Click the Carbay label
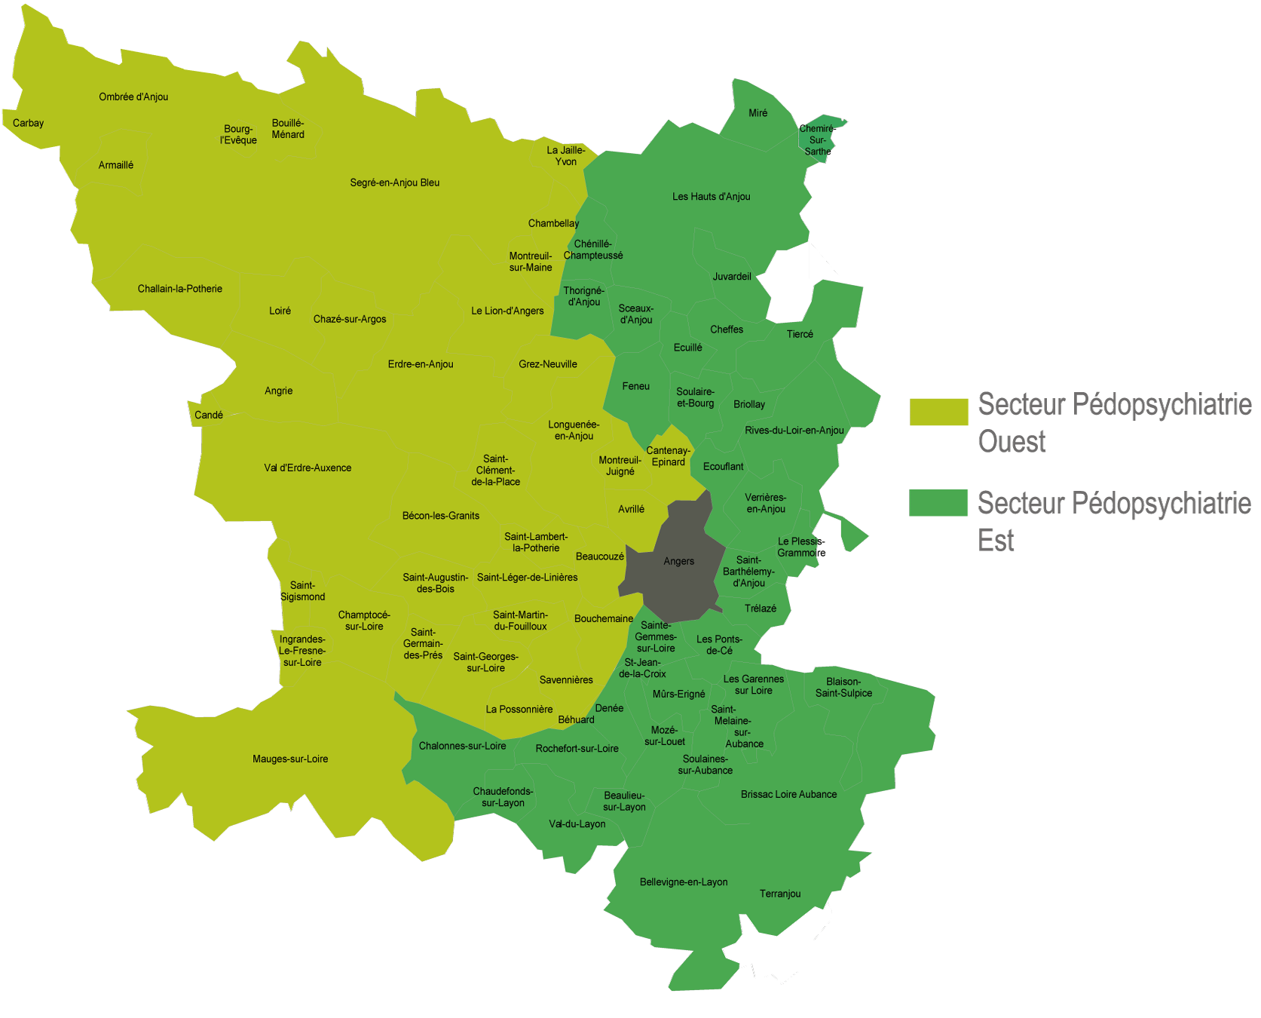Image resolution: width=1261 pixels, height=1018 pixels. click(x=29, y=123)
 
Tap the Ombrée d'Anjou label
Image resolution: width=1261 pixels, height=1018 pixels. click(x=133, y=97)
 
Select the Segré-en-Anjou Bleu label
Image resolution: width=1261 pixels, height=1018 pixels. click(x=394, y=182)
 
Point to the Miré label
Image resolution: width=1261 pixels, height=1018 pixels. click(x=758, y=113)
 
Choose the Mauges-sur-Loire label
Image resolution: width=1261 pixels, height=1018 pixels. click(x=290, y=759)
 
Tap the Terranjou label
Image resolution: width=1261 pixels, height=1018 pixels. click(x=780, y=894)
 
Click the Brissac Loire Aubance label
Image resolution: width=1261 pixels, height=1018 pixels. click(x=788, y=794)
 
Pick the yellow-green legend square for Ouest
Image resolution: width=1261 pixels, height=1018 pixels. click(x=938, y=412)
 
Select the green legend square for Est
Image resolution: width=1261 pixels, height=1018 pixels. click(x=938, y=502)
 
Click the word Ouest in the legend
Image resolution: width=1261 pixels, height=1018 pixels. click(x=1012, y=442)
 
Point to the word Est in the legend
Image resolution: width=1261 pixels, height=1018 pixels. click(x=996, y=541)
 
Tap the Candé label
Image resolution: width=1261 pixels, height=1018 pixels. click(x=209, y=415)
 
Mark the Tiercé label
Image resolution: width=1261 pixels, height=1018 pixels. click(x=800, y=334)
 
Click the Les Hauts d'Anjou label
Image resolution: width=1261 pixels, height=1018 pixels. click(x=711, y=197)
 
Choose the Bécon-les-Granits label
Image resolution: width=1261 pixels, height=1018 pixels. click(x=441, y=516)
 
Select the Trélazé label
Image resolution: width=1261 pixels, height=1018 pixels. click(x=760, y=609)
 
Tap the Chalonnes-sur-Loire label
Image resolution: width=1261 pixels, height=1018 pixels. click(x=462, y=746)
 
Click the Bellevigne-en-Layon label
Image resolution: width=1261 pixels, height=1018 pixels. click(x=684, y=882)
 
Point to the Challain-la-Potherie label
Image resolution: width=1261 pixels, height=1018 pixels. click(x=179, y=289)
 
